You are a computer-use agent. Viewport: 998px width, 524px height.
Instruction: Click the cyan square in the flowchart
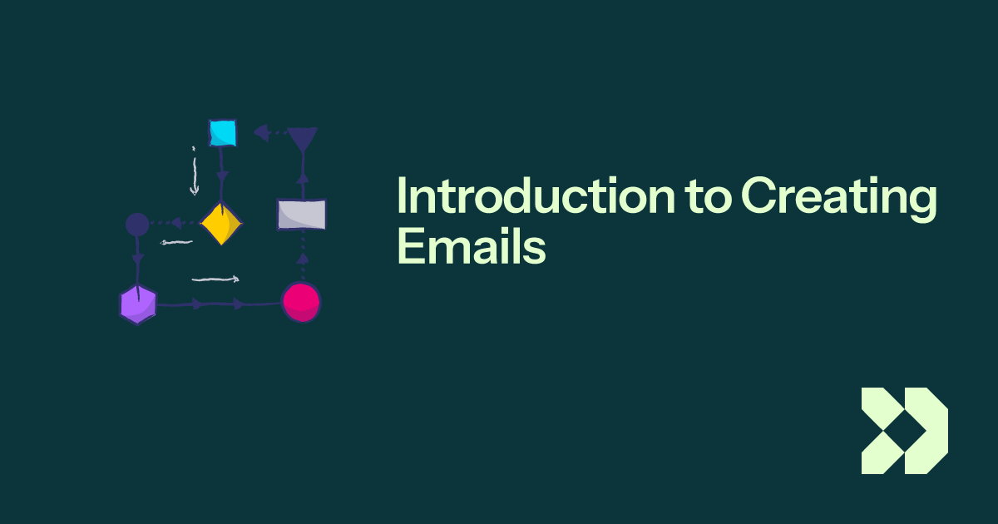(x=222, y=132)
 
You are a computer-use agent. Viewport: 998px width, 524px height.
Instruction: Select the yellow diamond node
(x=221, y=223)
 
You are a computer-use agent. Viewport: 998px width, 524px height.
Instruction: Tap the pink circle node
(x=300, y=302)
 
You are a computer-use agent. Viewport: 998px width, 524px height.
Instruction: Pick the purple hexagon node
(x=137, y=304)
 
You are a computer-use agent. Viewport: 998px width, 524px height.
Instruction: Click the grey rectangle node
(x=301, y=215)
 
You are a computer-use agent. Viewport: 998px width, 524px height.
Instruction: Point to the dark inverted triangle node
(x=302, y=138)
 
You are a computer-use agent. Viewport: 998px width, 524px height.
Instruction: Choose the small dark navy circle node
(x=137, y=224)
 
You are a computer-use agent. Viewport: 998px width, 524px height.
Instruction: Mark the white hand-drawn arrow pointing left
(x=176, y=243)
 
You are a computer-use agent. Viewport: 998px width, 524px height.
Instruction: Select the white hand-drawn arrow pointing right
(x=216, y=279)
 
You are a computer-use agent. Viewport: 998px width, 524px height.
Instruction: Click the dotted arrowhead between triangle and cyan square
(x=260, y=131)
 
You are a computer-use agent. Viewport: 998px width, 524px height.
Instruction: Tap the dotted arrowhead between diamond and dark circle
(x=176, y=223)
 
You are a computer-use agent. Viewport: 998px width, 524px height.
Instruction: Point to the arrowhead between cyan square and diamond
(x=222, y=176)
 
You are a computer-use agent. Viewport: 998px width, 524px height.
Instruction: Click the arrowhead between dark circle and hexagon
(x=138, y=260)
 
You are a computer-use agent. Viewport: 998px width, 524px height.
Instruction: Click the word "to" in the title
(x=708, y=197)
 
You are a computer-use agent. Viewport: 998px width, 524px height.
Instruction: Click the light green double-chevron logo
(x=904, y=431)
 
